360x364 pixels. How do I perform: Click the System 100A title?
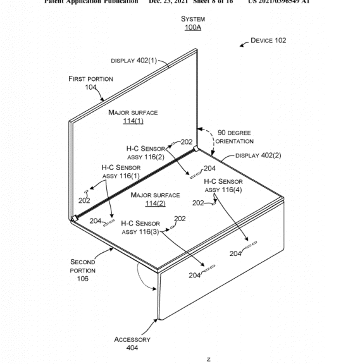[192, 24]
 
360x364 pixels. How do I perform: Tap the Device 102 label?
[268, 40]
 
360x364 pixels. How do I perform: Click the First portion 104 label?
[91, 83]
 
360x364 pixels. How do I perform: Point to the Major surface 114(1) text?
[133, 117]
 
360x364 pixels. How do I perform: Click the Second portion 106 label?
[83, 270]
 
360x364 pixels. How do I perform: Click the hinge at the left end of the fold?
[75, 219]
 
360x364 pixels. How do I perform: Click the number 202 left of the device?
[84, 200]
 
